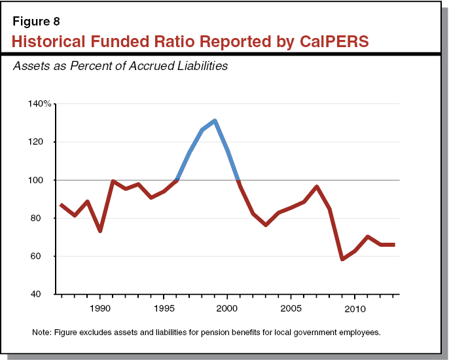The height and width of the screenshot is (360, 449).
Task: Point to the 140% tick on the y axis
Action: tap(39, 104)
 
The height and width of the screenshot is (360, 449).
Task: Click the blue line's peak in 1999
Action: tap(215, 120)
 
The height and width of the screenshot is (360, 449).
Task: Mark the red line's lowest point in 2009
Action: tap(342, 259)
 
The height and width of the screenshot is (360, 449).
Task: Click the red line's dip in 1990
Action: tap(100, 231)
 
